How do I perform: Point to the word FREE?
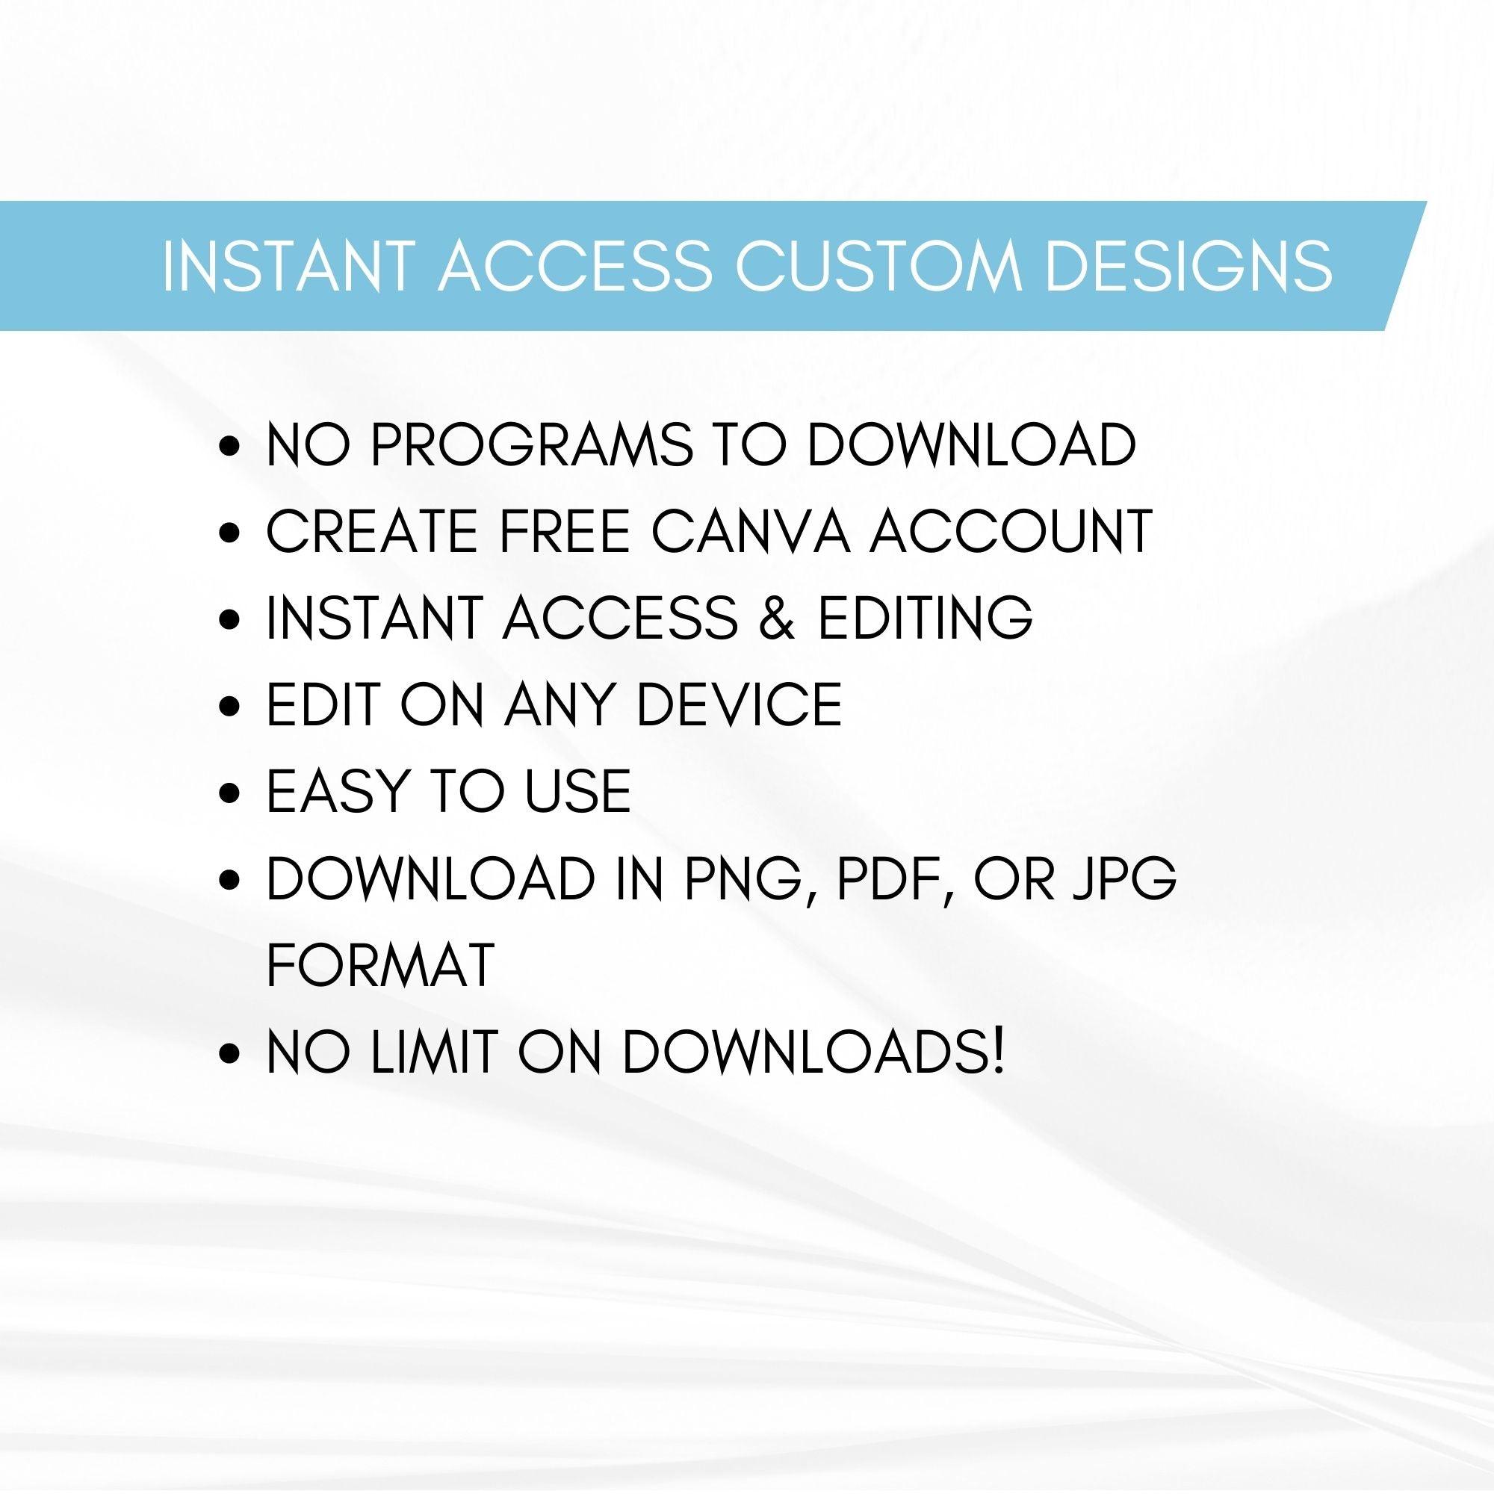[x=557, y=532]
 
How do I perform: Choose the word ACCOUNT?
[x=1012, y=532]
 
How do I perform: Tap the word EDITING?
[x=926, y=619]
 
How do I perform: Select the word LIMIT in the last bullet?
[x=433, y=1051]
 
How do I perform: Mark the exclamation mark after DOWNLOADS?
[x=998, y=1051]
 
